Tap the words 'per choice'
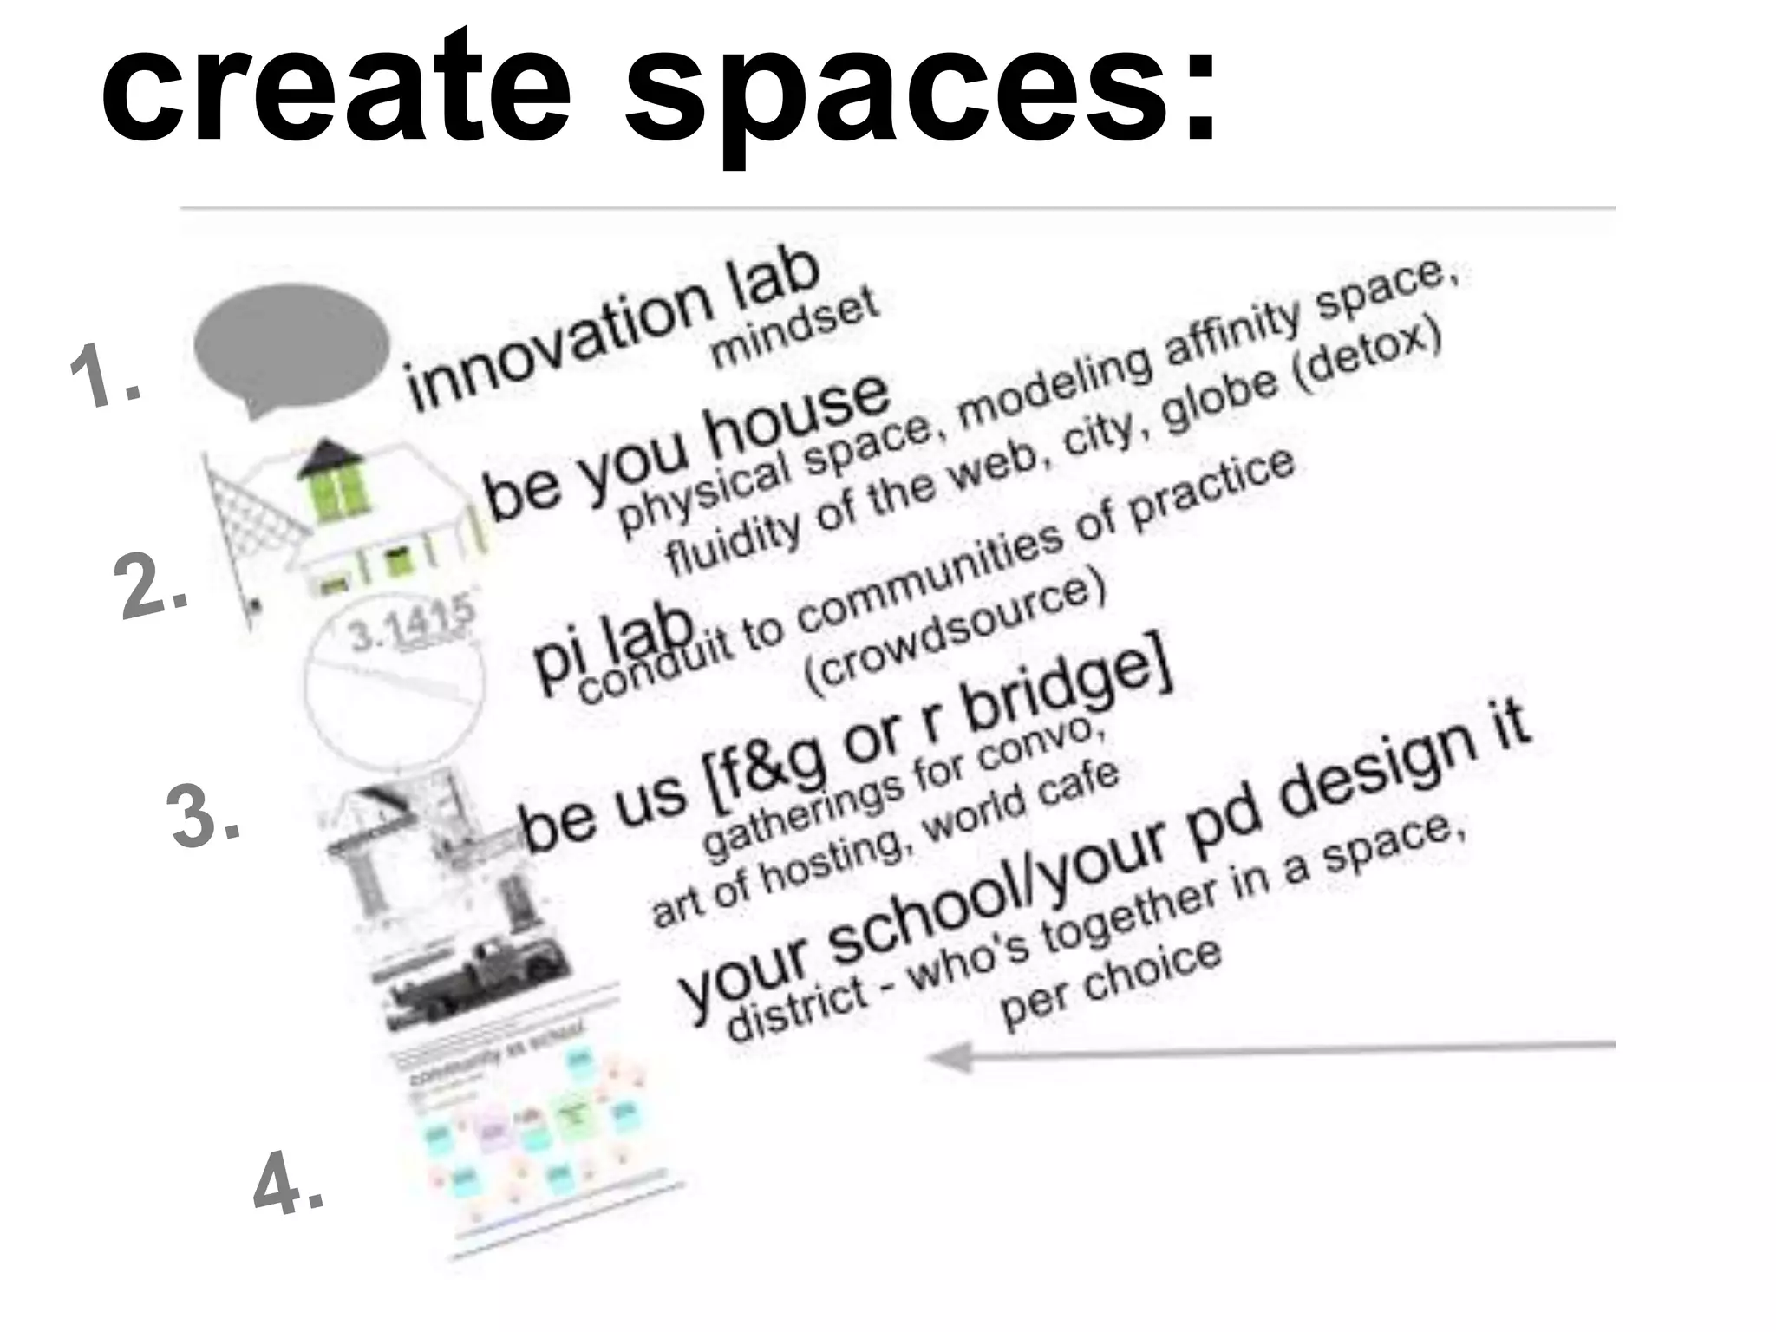(x=1110, y=984)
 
